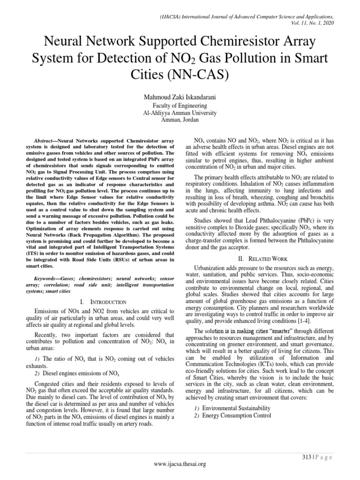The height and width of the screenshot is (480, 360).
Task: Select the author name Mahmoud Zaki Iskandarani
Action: click(180, 97)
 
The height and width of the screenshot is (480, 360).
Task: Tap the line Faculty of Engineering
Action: click(180, 106)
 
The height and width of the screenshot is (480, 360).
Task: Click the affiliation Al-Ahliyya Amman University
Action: click(180, 113)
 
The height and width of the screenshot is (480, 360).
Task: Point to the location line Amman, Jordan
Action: click(180, 120)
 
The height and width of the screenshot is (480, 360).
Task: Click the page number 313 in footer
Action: click(305, 457)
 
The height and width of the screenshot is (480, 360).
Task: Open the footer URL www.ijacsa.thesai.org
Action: click(180, 464)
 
